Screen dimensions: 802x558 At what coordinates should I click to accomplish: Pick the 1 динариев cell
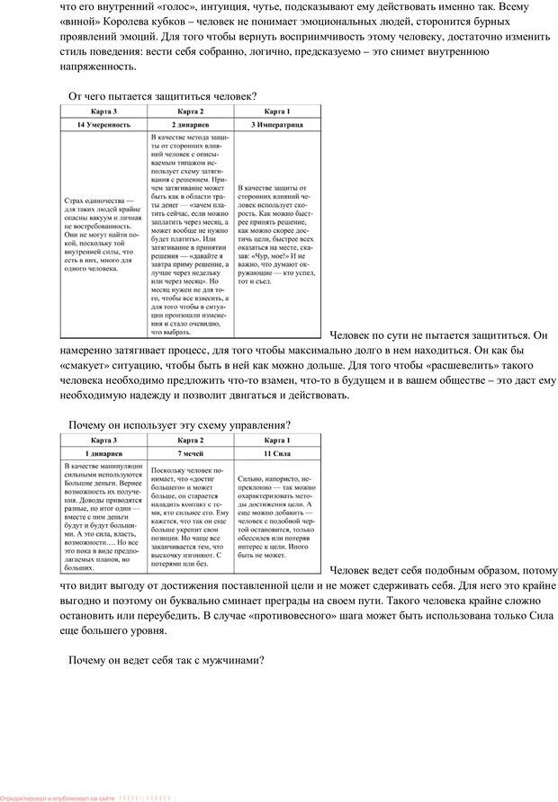103,454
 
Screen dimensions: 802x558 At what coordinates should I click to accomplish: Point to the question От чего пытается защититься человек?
162,94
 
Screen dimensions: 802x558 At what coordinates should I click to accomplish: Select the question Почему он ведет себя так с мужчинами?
166,661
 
